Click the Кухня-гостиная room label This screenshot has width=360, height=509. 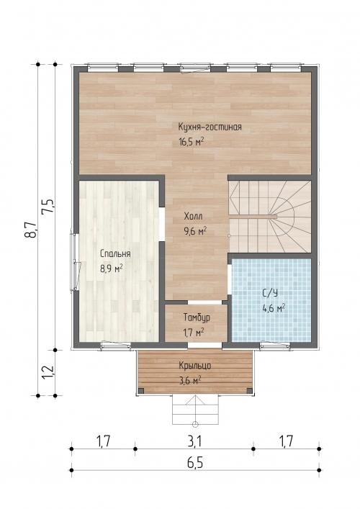(x=210, y=127)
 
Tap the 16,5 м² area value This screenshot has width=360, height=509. (x=192, y=142)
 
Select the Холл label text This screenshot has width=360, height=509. (x=194, y=216)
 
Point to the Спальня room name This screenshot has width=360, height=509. (x=115, y=253)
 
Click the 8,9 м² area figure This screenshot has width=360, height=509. (x=112, y=269)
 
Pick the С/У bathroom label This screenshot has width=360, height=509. (x=270, y=294)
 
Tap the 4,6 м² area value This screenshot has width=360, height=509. (x=274, y=307)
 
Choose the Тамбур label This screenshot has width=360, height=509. (x=197, y=317)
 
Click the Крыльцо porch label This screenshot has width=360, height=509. (x=195, y=366)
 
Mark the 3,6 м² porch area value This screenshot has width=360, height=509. (x=190, y=380)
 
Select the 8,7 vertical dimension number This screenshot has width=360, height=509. (x=31, y=230)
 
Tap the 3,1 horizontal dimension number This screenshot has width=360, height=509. (x=195, y=441)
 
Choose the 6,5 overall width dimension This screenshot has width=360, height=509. (x=195, y=463)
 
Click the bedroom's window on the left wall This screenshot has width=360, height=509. (x=75, y=261)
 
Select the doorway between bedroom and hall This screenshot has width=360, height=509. (x=162, y=224)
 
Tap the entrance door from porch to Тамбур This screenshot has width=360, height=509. (x=205, y=346)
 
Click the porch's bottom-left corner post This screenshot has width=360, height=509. (x=141, y=390)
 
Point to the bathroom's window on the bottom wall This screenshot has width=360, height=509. (x=274, y=346)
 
